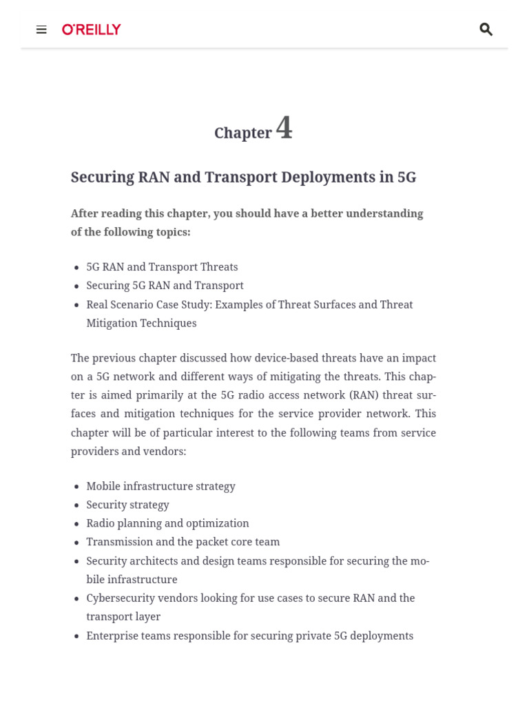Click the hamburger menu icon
41,30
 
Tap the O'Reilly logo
92,30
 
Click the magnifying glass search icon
486,29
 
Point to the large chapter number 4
284,128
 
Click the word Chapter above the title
242,133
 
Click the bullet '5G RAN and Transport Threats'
162,267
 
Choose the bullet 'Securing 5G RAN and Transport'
165,286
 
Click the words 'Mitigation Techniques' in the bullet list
141,323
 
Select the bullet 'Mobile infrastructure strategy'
160,486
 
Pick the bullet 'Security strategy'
127,505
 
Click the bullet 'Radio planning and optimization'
167,523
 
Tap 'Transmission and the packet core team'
183,542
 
